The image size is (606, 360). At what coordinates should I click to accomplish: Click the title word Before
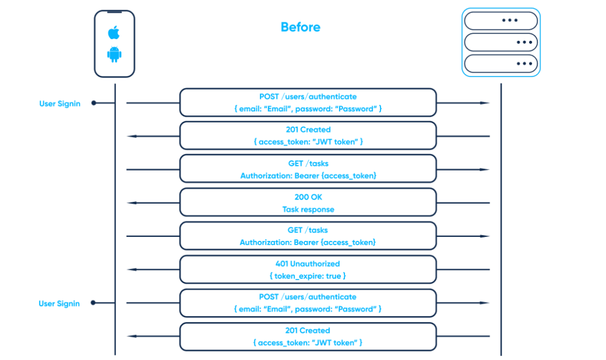point(300,27)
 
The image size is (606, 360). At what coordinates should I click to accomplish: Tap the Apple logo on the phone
point(114,32)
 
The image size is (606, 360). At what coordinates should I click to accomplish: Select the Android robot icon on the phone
point(114,54)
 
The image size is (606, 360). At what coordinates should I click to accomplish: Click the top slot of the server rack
point(501,20)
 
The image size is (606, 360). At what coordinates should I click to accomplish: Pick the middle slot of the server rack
point(501,42)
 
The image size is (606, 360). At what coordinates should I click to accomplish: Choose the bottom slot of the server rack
point(501,63)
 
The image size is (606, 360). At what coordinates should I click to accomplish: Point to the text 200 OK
point(308,197)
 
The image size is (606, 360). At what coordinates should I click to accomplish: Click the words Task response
point(308,209)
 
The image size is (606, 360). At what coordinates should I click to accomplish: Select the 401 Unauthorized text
point(308,263)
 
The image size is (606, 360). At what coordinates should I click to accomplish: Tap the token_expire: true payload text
point(308,276)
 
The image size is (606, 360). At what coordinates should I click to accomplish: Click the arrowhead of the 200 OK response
point(132,203)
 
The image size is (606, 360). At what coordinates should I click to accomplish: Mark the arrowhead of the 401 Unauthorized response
point(132,269)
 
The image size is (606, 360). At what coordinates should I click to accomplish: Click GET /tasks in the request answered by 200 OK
point(308,163)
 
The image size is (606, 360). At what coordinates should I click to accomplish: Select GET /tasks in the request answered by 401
point(308,230)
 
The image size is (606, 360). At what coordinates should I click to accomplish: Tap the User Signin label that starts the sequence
point(60,104)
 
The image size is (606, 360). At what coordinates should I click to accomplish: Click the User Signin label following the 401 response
point(59,304)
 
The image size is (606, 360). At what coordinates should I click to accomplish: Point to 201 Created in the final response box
point(308,330)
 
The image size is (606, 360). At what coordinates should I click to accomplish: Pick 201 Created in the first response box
point(308,130)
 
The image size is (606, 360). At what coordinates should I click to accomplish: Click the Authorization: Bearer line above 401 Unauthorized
point(308,242)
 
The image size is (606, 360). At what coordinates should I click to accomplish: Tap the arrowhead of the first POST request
point(485,103)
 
